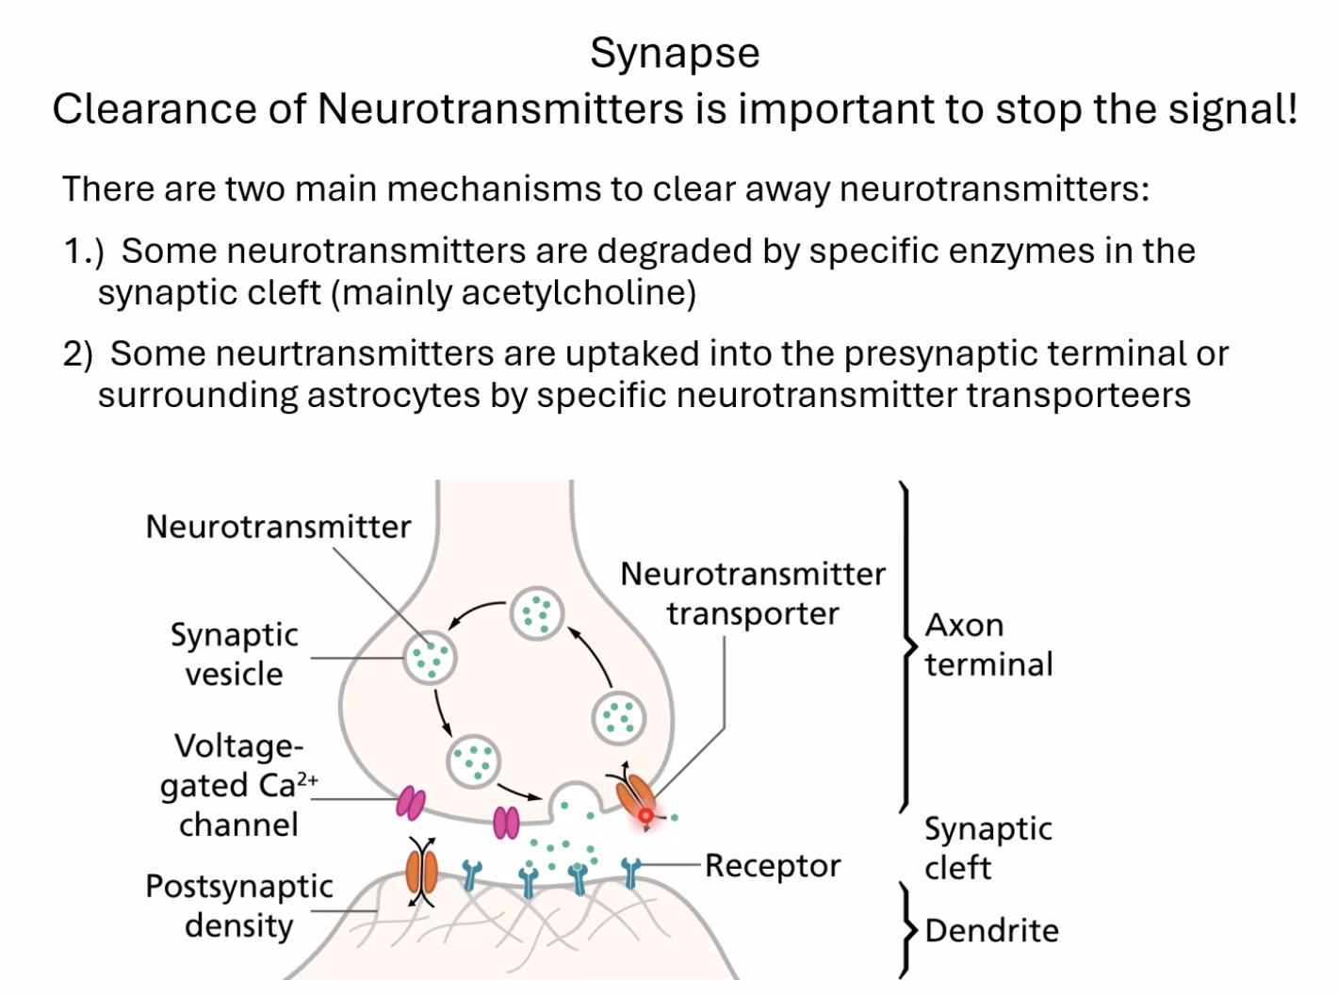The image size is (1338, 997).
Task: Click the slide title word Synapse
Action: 675,54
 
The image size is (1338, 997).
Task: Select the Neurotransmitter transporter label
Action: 753,594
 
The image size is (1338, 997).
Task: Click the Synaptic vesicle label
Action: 234,654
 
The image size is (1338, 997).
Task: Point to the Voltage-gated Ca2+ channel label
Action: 239,785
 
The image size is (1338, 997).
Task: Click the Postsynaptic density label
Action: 239,906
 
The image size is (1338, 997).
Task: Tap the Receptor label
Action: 773,865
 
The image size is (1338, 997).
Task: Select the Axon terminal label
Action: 987,645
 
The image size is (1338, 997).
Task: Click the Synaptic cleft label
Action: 987,847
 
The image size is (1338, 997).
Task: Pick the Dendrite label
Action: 991,931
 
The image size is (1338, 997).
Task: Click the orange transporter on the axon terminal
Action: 633,794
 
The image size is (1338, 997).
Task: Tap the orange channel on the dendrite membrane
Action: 421,872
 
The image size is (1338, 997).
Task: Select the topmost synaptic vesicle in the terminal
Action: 537,613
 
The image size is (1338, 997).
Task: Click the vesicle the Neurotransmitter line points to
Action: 430,657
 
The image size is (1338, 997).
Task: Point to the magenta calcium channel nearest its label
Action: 411,803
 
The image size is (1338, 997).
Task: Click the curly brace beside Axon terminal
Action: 906,646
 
